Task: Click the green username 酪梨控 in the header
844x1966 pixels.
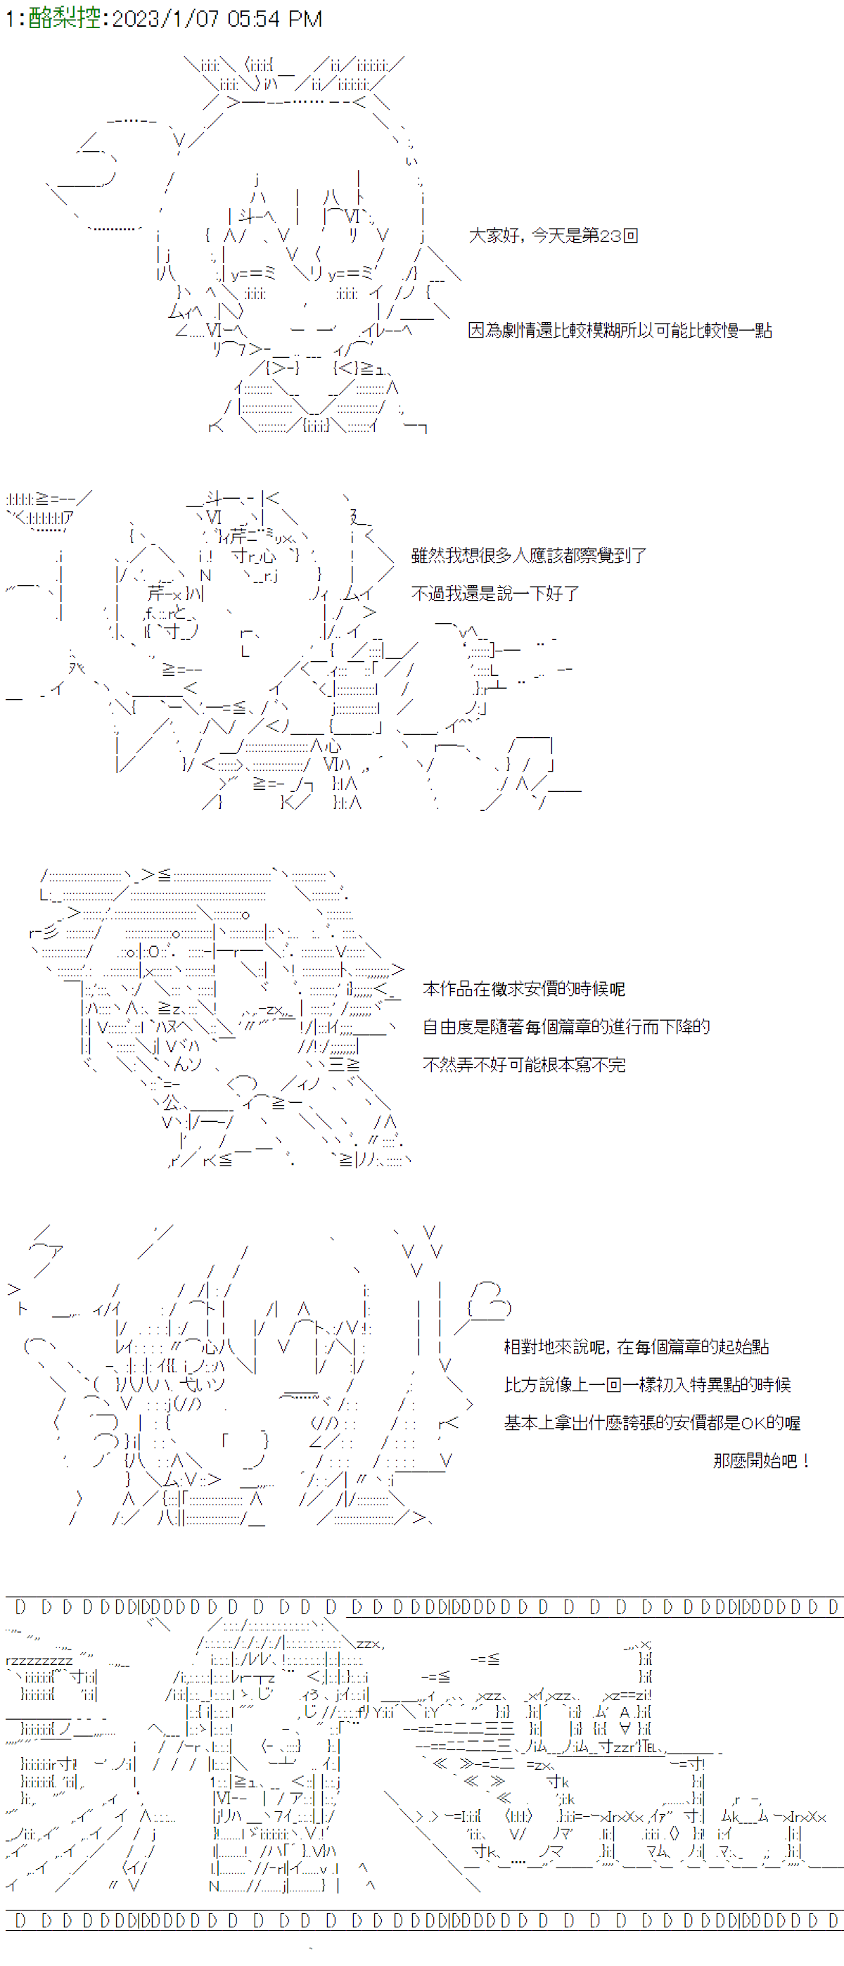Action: (64, 18)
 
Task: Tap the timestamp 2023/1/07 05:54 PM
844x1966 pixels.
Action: (217, 18)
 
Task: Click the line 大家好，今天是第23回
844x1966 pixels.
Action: (554, 235)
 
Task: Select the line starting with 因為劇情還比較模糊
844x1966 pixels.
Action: (620, 330)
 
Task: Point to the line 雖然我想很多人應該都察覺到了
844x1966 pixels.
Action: (529, 555)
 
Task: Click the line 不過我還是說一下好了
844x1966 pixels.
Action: (495, 593)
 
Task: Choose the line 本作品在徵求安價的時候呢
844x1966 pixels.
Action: (523, 988)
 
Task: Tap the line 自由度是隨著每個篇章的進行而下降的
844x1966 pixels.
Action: (566, 1026)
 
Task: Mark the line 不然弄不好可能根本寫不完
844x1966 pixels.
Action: (523, 1065)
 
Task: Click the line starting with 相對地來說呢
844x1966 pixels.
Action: (637, 1346)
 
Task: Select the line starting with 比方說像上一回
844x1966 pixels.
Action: (647, 1384)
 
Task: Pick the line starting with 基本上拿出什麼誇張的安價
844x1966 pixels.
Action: (653, 1422)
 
